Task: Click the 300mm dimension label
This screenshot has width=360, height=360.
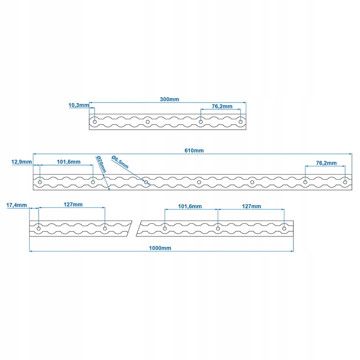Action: point(170,99)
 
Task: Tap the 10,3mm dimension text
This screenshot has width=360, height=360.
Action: point(78,105)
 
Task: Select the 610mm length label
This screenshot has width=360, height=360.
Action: point(194,151)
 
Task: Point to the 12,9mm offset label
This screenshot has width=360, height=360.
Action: point(22,162)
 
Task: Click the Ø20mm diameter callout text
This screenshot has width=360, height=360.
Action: point(101,164)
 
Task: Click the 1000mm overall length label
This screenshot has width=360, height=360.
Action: point(161,248)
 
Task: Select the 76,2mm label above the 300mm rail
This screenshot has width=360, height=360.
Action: point(222,107)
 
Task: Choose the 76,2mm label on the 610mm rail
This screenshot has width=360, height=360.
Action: point(326,163)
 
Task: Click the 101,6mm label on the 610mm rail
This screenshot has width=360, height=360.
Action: point(69,162)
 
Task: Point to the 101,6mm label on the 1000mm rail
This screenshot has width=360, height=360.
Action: point(190,206)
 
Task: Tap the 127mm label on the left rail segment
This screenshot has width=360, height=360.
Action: point(73,205)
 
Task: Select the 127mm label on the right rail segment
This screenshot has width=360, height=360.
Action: point(251,206)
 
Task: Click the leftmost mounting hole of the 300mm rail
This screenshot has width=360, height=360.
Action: point(94,121)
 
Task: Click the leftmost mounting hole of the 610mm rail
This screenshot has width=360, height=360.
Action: point(40,182)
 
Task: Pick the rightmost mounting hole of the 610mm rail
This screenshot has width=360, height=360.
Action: point(345,182)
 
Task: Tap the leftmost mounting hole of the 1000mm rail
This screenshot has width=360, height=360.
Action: point(39,229)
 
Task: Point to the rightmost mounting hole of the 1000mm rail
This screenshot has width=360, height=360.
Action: point(284,229)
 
